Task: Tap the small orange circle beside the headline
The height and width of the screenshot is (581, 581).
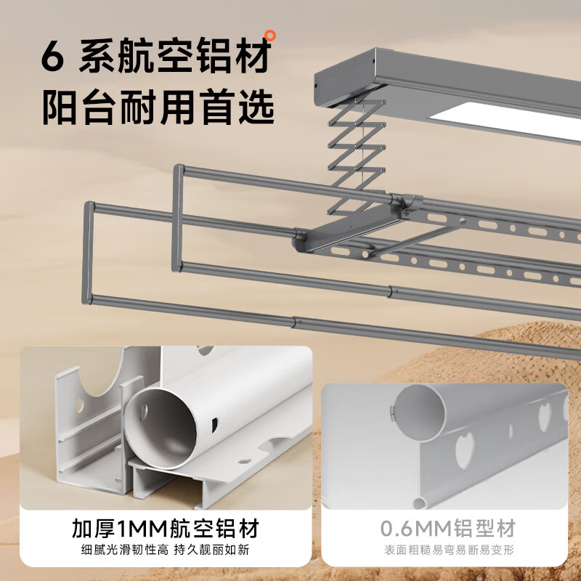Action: pyautogui.click(x=270, y=33)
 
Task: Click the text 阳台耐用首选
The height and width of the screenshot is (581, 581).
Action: pyautogui.click(x=158, y=109)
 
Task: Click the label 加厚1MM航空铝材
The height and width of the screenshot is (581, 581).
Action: pyautogui.click(x=166, y=527)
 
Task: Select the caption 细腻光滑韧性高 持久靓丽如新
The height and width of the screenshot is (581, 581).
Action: pyautogui.click(x=166, y=550)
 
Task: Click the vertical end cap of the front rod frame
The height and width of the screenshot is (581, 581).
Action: pyautogui.click(x=89, y=251)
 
